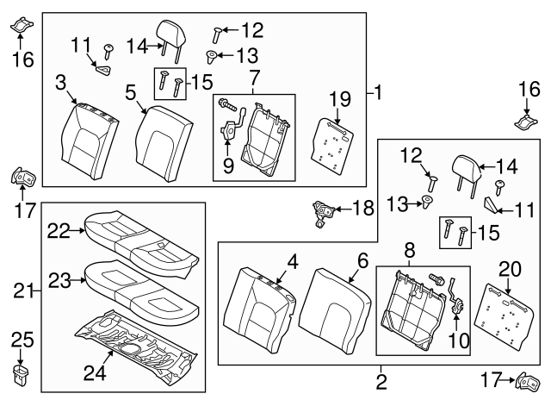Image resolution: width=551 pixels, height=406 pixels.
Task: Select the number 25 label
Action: point(22,339)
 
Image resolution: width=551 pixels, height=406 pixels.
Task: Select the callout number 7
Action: point(254,78)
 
